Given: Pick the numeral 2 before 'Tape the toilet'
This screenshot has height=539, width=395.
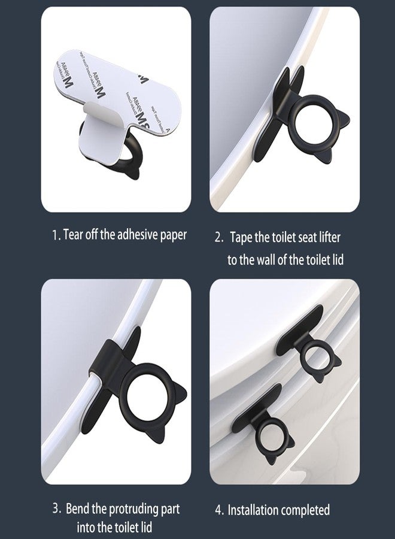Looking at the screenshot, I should click(x=218, y=238).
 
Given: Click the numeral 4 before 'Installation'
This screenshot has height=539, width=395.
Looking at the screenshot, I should click(x=218, y=511).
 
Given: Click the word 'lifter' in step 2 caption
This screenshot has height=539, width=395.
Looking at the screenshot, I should click(x=327, y=237).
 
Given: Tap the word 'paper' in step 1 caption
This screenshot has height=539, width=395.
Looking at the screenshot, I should click(x=171, y=234).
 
